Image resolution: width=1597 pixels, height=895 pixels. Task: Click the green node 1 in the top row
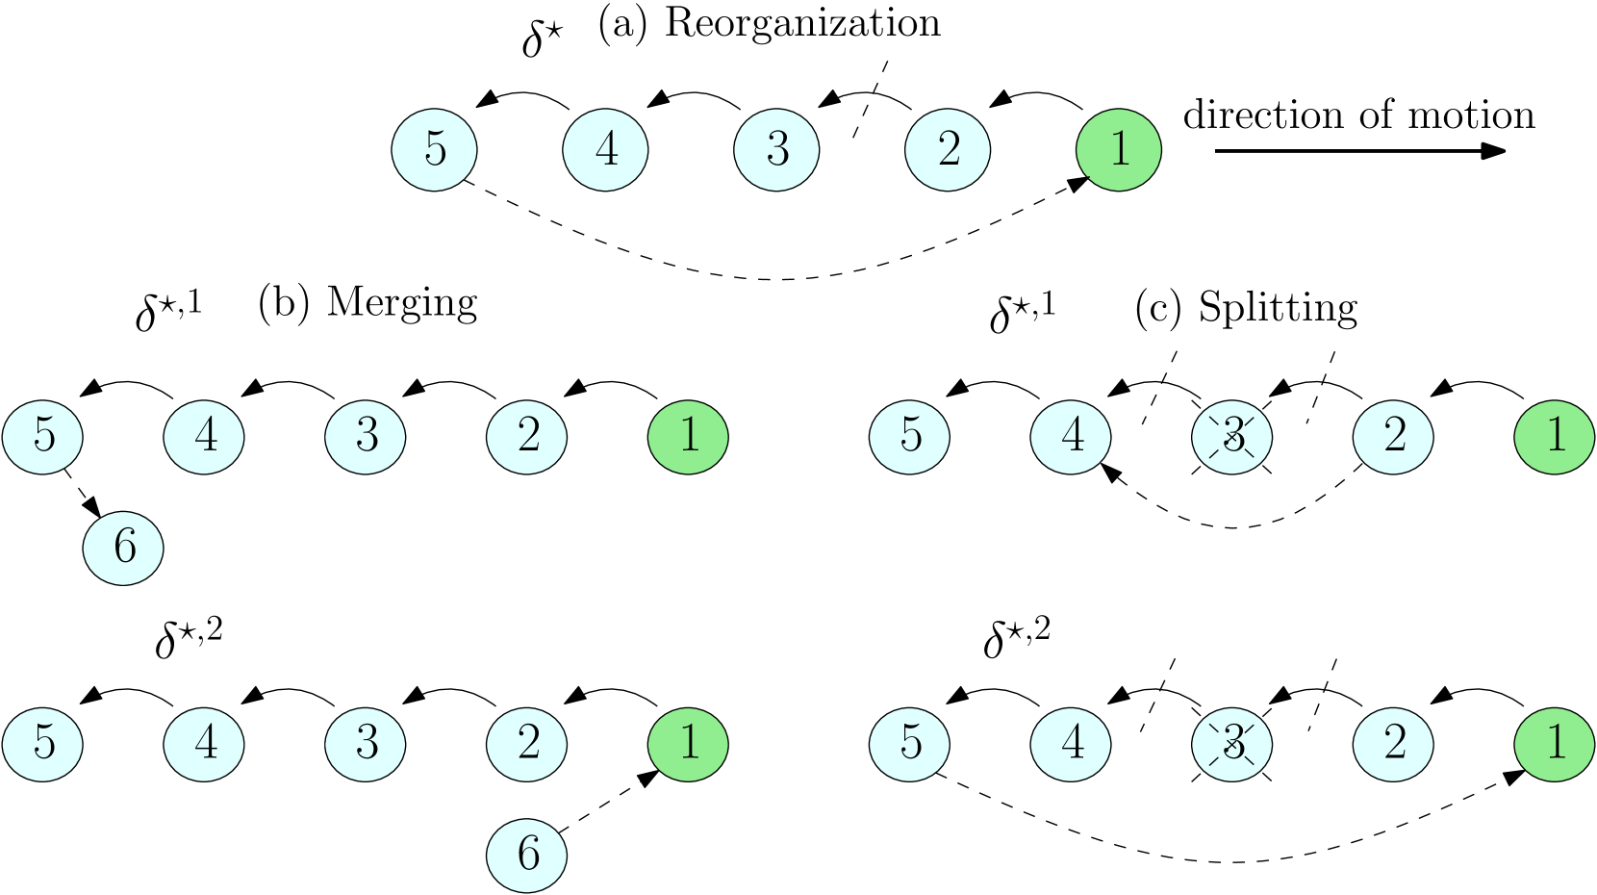[x=1118, y=150]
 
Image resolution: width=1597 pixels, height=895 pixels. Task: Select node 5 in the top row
[x=434, y=150]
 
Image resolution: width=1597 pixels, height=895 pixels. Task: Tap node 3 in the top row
[x=776, y=150]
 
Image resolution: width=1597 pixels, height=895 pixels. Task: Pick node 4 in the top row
[x=605, y=150]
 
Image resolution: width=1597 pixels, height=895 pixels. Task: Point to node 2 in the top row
[x=948, y=150]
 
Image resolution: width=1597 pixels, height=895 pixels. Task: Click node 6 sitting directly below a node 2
[x=526, y=855]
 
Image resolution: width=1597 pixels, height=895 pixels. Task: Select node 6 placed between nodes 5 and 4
[x=123, y=548]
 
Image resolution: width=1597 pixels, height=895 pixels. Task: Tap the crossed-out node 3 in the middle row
[x=1231, y=437]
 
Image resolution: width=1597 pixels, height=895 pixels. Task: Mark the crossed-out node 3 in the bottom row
[x=1231, y=744]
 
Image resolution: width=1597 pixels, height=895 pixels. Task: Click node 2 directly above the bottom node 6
[x=526, y=744]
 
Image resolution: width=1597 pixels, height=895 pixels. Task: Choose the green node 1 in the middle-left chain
[x=688, y=437]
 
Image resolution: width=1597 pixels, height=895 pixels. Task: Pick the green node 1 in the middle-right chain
[x=1555, y=437]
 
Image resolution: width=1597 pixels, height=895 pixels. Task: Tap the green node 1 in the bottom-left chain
[x=688, y=744]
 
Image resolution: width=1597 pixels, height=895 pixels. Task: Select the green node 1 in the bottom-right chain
[x=1555, y=744]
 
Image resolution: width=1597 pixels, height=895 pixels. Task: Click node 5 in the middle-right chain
[x=909, y=437]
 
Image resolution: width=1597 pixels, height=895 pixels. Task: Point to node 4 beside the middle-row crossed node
[x=1071, y=437]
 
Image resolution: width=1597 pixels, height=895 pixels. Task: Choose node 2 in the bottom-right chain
[x=1393, y=744]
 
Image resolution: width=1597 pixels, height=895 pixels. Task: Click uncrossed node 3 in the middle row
[x=366, y=437]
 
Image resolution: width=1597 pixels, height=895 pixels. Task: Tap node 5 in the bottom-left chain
[x=42, y=744]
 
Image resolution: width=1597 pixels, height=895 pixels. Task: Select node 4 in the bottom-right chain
[x=1071, y=744]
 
